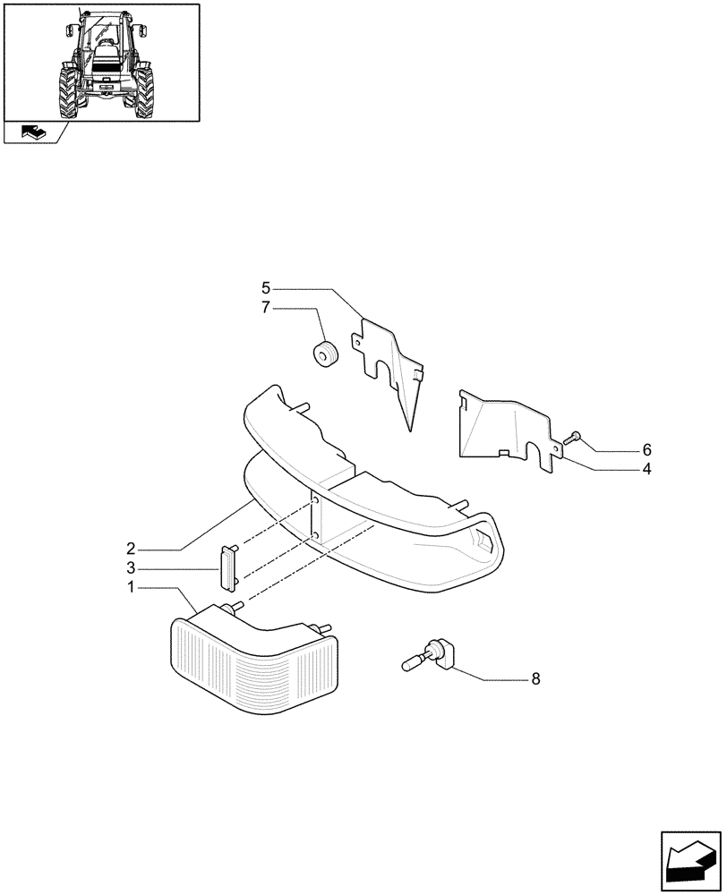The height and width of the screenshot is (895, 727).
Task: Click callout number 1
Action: [x=130, y=588]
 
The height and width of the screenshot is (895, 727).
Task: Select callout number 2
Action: [x=130, y=547]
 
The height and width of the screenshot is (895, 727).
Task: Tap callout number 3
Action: [x=130, y=567]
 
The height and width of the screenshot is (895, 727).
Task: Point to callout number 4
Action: [x=596, y=469]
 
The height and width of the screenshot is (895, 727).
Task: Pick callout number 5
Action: [x=266, y=288]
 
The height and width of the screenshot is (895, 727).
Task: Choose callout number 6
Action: [x=596, y=449]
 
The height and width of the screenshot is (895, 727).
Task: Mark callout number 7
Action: [x=266, y=308]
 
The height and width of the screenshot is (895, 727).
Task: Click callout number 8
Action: [x=535, y=678]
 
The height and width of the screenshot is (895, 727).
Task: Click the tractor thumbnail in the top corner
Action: [x=101, y=61]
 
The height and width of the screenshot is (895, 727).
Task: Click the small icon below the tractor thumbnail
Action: [x=32, y=132]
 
